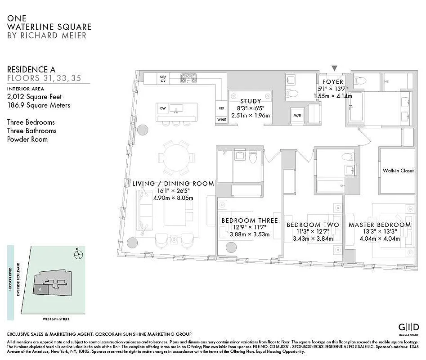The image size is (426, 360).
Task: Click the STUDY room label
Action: [251, 101]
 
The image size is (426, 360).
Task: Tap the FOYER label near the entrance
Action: [332, 82]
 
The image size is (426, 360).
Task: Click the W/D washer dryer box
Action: [297, 116]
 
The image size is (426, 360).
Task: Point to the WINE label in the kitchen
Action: [221, 120]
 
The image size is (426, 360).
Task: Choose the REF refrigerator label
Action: [221, 108]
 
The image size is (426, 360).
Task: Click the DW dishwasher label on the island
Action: [163, 108]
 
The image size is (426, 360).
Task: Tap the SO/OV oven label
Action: [163, 79]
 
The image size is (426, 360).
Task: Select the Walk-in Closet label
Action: [398, 171]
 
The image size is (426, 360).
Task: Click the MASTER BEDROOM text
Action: [379, 225]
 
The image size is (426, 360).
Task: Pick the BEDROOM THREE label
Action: [249, 220]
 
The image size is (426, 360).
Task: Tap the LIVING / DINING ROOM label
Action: [173, 184]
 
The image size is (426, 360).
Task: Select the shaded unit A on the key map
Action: [40, 290]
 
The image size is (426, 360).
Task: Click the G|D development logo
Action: [409, 327]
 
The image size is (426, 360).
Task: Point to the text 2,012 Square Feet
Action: [35, 96]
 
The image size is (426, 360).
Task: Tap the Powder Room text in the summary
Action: [27, 139]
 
